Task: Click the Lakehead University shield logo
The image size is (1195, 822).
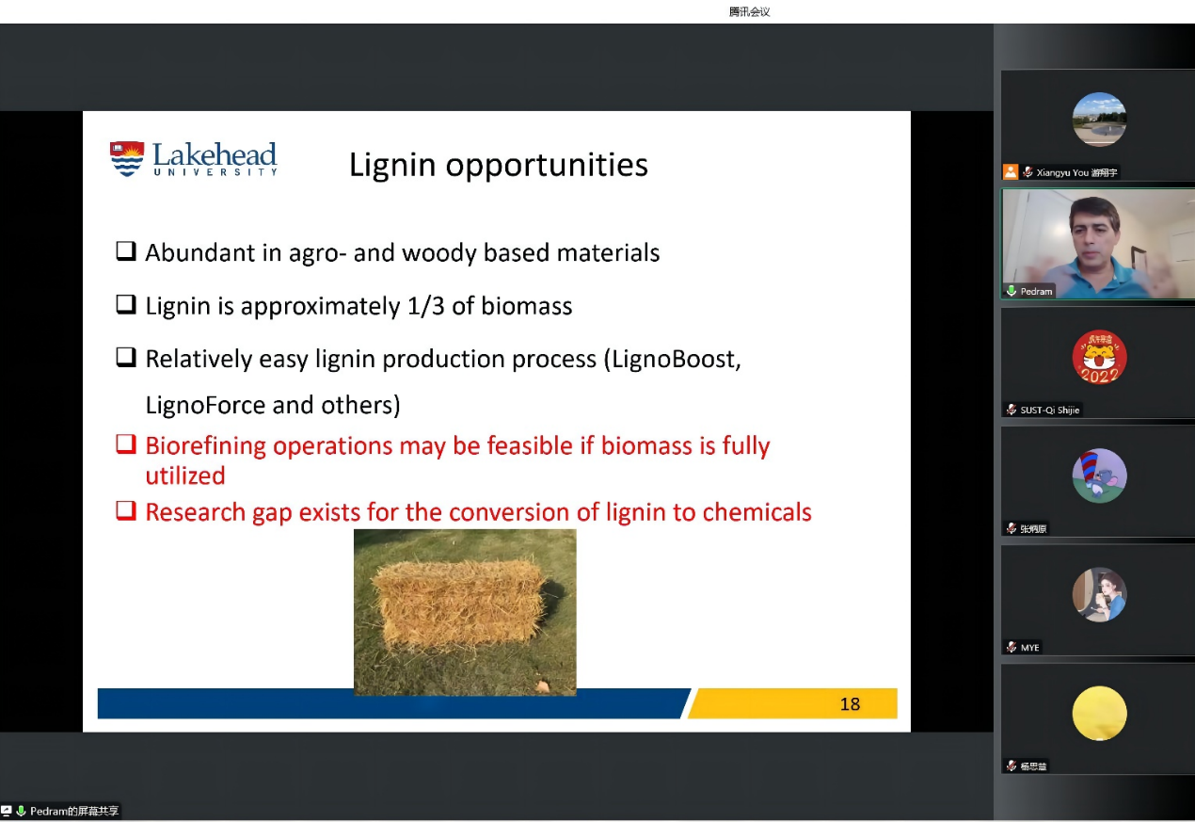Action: tap(127, 158)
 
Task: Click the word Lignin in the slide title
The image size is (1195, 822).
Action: tap(392, 166)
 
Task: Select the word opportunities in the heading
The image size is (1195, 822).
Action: tap(547, 166)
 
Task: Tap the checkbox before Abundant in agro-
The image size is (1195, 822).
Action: tap(126, 250)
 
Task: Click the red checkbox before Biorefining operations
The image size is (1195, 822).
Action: tap(126, 444)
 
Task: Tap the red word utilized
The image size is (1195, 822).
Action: tap(185, 476)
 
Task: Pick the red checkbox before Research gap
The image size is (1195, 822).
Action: tap(126, 511)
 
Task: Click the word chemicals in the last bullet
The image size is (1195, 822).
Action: tap(757, 512)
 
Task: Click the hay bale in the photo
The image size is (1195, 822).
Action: tap(460, 604)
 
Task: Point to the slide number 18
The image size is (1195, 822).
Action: tap(850, 704)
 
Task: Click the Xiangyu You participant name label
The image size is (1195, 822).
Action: tap(1076, 172)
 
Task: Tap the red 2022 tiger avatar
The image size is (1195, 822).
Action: tap(1099, 357)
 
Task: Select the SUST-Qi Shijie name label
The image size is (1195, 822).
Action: tap(1049, 410)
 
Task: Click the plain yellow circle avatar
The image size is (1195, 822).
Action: tap(1099, 713)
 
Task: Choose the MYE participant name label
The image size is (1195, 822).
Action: tap(1029, 648)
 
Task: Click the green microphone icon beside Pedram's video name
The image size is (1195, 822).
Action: tap(1011, 291)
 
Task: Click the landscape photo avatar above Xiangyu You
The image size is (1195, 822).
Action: tap(1099, 119)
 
